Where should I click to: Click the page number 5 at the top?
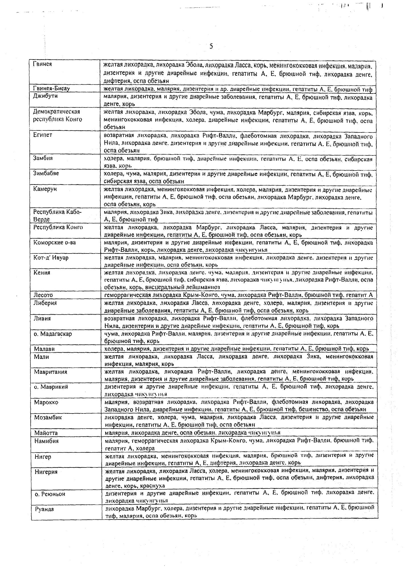pyautogui.click(x=211, y=46)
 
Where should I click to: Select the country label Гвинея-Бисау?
pyautogui.click(x=51, y=88)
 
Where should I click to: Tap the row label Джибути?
pyautogui.click(x=45, y=96)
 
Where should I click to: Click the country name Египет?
pyautogui.click(x=43, y=135)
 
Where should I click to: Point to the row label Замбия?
pyautogui.click(x=43, y=158)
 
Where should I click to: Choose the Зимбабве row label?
pyautogui.click(x=46, y=173)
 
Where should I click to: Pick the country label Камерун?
pyautogui.click(x=45, y=188)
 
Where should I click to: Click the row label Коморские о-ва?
pyautogui.click(x=55, y=242)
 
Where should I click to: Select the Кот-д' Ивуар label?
pyautogui.click(x=51, y=257)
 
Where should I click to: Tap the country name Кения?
pyautogui.click(x=42, y=273)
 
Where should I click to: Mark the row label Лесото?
pyautogui.click(x=44, y=295)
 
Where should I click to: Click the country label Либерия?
pyautogui.click(x=45, y=303)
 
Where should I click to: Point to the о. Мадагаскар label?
pyautogui.click(x=53, y=334)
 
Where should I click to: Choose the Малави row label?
pyautogui.click(x=44, y=349)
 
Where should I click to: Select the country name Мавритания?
pyautogui.click(x=51, y=372)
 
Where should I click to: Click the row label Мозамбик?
pyautogui.click(x=48, y=417)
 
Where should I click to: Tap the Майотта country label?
pyautogui.click(x=46, y=433)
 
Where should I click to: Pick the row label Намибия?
pyautogui.click(x=47, y=441)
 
